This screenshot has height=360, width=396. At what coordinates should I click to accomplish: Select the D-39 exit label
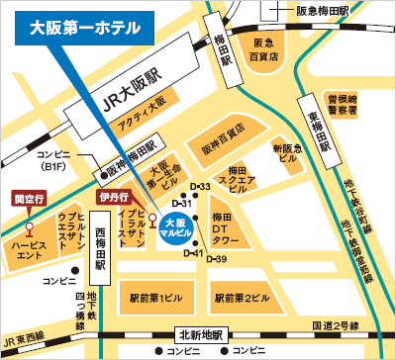(x=219, y=259)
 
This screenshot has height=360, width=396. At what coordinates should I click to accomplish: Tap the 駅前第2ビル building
(x=243, y=297)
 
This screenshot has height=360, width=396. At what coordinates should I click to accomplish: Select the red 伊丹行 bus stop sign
(x=114, y=197)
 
